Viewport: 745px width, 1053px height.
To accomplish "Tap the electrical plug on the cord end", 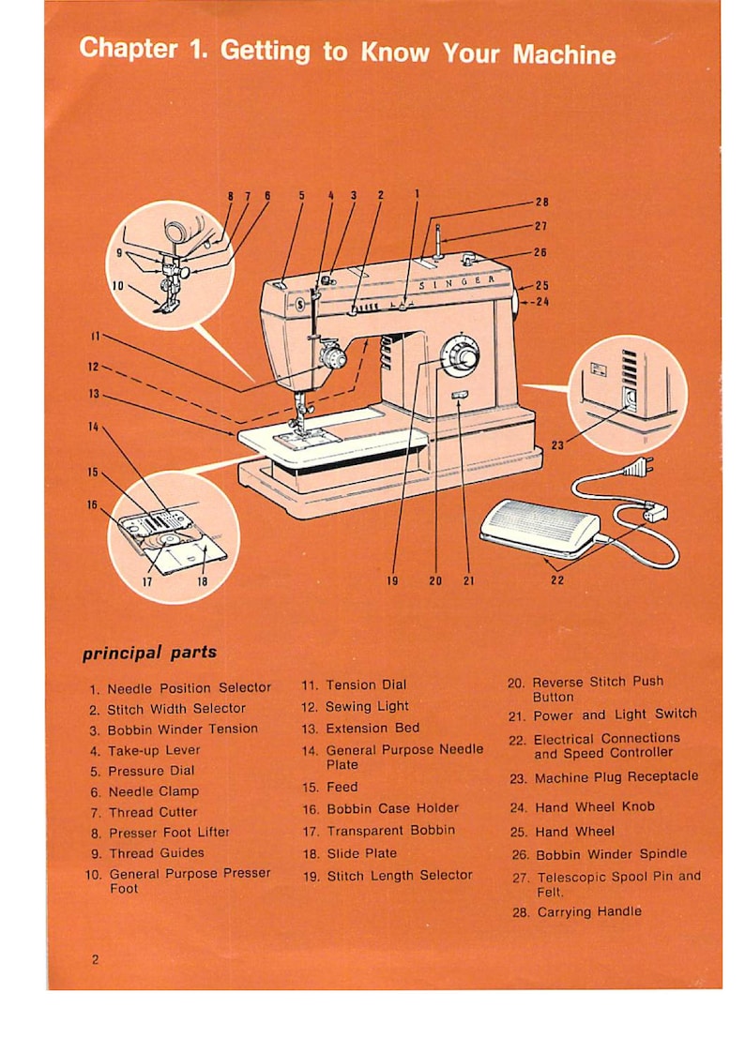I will (x=638, y=466).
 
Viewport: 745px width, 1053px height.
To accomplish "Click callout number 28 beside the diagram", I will (x=541, y=202).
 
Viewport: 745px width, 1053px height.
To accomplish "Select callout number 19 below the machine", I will (x=392, y=581).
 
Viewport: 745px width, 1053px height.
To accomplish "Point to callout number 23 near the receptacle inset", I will (x=556, y=445).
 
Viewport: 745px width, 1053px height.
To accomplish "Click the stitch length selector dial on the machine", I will (x=459, y=355).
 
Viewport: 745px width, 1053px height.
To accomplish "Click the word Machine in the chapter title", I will (x=564, y=53).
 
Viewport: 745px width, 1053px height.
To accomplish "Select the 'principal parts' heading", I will (x=149, y=653).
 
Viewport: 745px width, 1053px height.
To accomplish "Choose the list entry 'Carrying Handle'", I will (x=588, y=911).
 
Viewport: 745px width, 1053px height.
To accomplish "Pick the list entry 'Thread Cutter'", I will (x=153, y=812).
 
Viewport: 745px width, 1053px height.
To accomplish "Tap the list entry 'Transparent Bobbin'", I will (x=390, y=831).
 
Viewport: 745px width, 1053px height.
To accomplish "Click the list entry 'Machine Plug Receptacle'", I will (x=616, y=777).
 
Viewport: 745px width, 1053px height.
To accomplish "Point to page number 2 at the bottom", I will (x=96, y=959).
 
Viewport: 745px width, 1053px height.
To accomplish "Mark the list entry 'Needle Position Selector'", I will (x=189, y=688).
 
